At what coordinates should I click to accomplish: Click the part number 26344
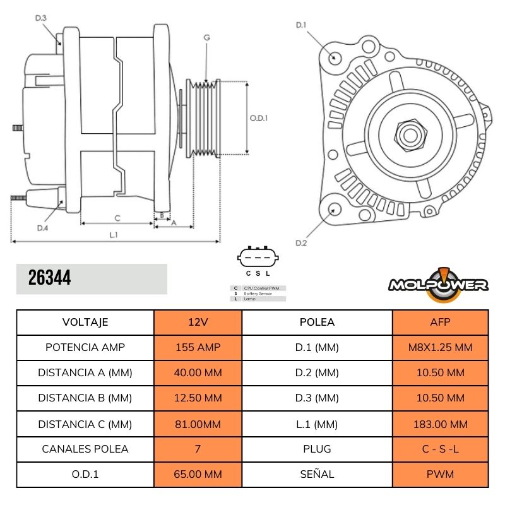(x=50, y=278)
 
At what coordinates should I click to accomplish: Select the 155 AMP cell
(x=198, y=347)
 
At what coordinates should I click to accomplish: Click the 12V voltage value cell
(x=198, y=322)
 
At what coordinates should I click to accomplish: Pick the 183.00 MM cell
(x=441, y=424)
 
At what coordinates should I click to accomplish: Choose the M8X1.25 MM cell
(x=441, y=347)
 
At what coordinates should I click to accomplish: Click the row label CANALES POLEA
(x=85, y=449)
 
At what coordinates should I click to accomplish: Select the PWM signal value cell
(x=441, y=474)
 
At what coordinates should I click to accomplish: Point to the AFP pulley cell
(x=441, y=322)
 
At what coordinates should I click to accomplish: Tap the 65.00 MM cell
(x=198, y=474)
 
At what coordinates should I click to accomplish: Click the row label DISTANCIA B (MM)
(x=85, y=398)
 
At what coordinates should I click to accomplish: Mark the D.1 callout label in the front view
(x=301, y=25)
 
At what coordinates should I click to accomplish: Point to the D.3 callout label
(x=40, y=18)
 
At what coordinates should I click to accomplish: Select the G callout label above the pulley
(x=206, y=38)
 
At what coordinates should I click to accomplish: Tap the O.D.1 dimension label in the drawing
(x=259, y=117)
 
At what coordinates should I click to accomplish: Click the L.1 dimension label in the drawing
(x=114, y=235)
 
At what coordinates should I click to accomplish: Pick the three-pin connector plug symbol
(x=258, y=258)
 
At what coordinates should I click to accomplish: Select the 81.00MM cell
(x=198, y=424)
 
